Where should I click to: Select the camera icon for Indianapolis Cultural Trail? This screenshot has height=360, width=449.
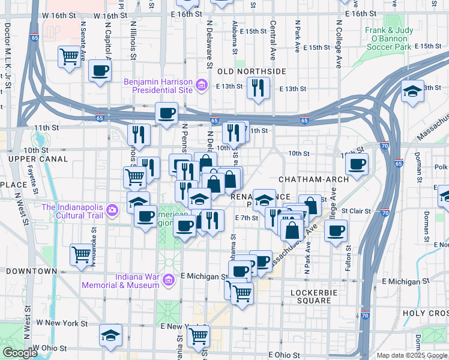pyautogui.click(x=111, y=211)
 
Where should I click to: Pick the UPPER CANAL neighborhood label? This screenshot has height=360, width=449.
pyautogui.click(x=31, y=158)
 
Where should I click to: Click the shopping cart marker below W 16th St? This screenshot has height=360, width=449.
pyautogui.click(x=70, y=57)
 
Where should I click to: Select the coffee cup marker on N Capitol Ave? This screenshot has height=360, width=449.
pyautogui.click(x=100, y=71)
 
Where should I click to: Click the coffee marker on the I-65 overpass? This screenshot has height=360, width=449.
pyautogui.click(x=167, y=112)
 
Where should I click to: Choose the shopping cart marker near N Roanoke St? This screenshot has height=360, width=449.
pyautogui.click(x=81, y=254)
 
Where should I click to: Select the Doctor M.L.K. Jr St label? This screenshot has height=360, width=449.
pyautogui.click(x=8, y=56)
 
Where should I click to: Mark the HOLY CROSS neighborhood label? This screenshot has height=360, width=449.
pyautogui.click(x=425, y=313)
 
